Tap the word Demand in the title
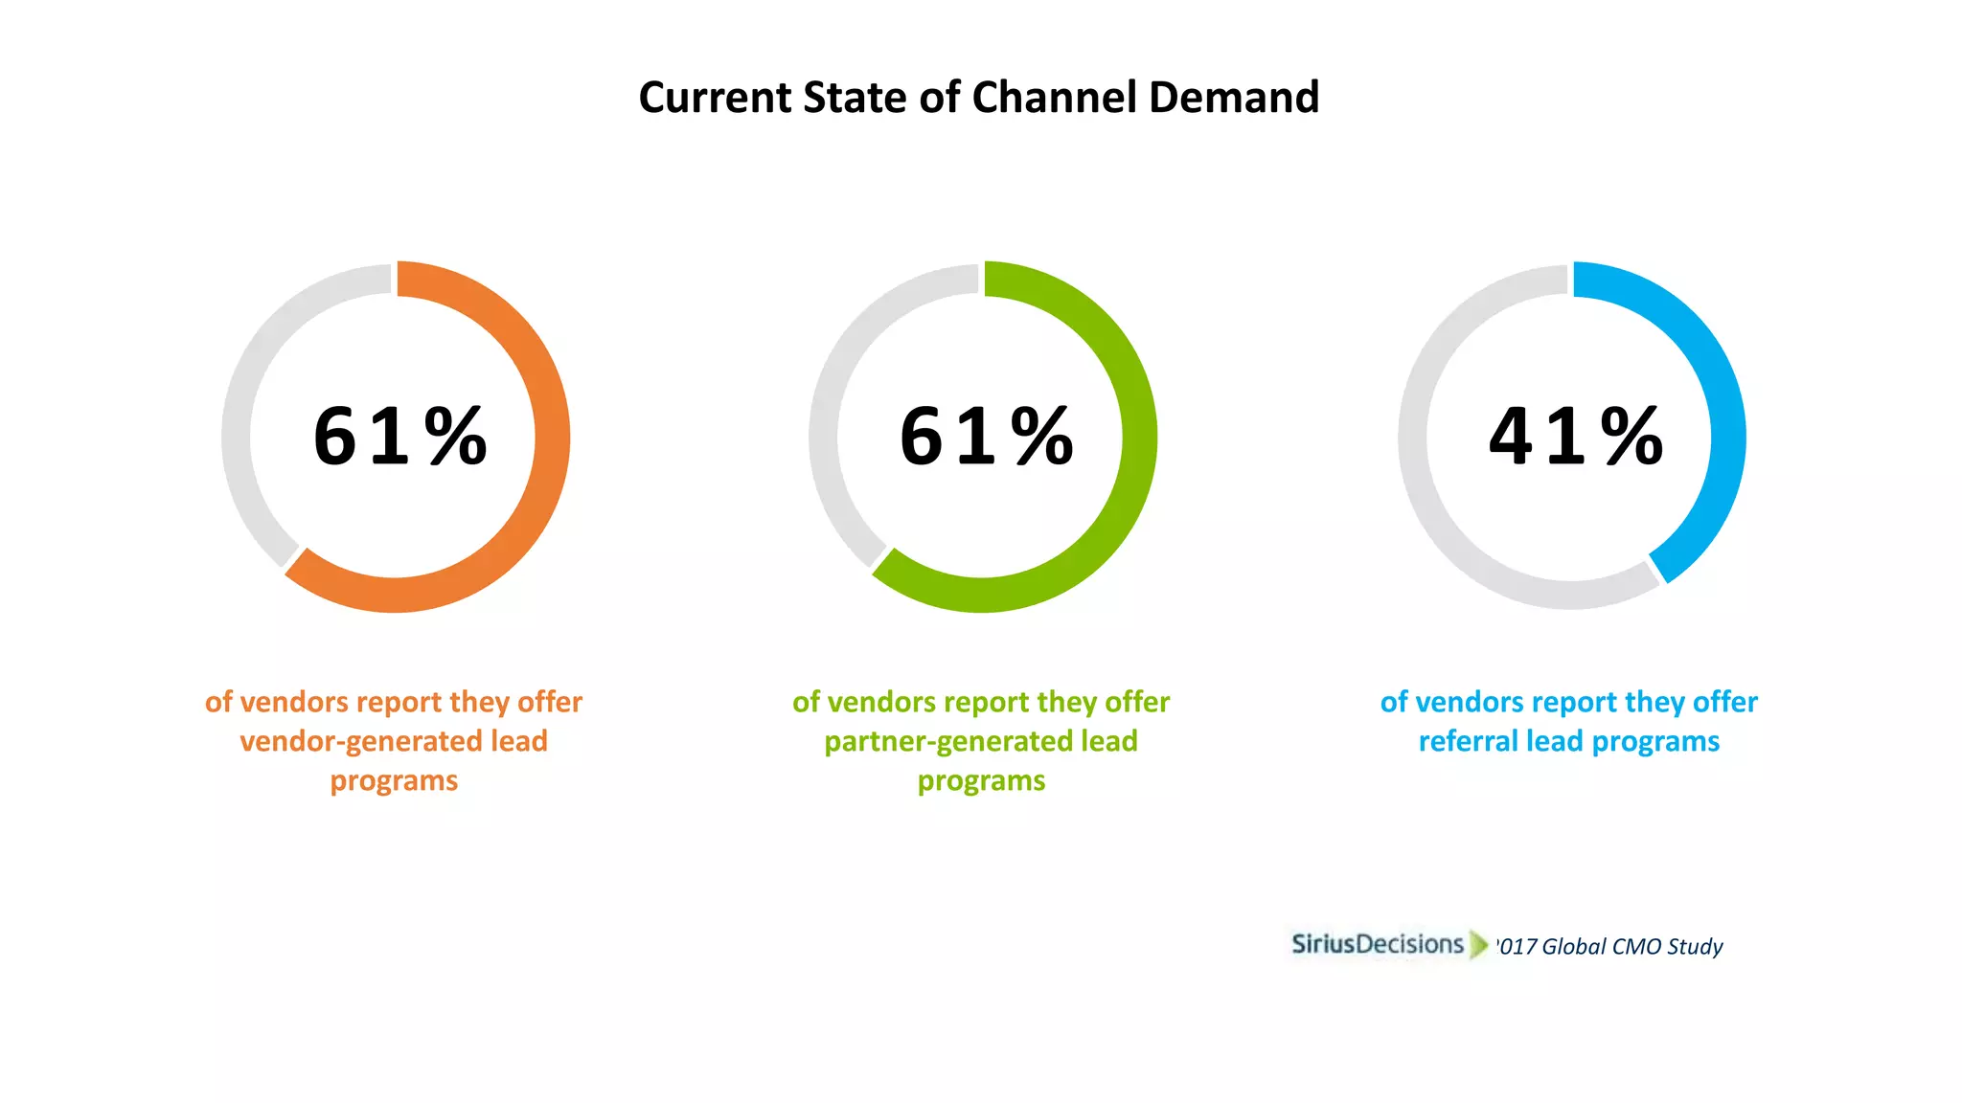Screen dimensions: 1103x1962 tap(1234, 98)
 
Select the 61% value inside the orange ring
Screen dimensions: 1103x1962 tap(399, 437)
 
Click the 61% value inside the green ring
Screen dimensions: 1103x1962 tap(986, 437)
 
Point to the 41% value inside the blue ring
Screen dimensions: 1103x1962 tap(1575, 437)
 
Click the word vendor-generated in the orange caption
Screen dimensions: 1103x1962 tap(360, 741)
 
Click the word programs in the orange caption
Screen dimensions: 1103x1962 tap(394, 781)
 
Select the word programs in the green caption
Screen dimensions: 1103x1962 tap(981, 781)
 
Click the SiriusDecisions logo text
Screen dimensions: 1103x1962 tap(1377, 944)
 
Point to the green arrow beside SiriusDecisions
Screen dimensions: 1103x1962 tap(1479, 945)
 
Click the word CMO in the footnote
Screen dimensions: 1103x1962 tap(1635, 947)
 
